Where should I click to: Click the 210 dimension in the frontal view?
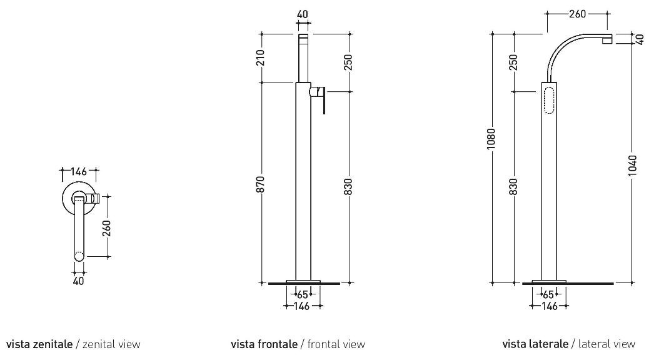point(260,58)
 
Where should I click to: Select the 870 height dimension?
point(260,184)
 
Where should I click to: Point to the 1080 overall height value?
point(491,139)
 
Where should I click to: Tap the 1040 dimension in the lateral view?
point(632,166)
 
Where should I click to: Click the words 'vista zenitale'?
point(39,344)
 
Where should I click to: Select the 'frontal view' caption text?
point(336,344)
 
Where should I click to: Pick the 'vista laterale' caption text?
point(535,344)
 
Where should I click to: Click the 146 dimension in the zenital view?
point(79,171)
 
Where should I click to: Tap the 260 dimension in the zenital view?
point(107,228)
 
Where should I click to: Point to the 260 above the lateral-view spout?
point(577,14)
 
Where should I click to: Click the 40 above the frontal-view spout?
point(303,14)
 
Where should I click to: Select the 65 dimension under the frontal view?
point(303,294)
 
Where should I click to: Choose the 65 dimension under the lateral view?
point(548,294)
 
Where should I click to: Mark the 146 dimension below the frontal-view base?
point(302,306)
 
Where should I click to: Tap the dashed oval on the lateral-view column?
point(549,100)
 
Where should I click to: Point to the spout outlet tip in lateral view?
point(607,40)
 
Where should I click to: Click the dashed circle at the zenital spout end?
point(79,256)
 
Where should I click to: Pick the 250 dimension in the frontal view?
point(348,62)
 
